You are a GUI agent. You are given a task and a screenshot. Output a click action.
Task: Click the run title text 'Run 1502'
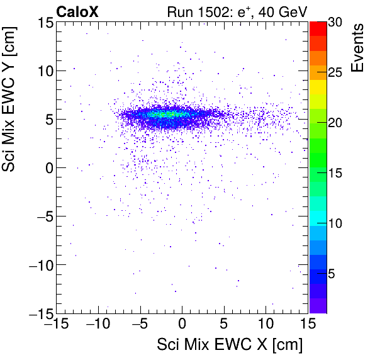[x=194, y=11]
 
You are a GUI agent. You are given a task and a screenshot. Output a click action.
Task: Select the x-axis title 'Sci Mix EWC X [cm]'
[x=229, y=345]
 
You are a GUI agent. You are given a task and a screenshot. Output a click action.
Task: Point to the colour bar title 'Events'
[x=359, y=48]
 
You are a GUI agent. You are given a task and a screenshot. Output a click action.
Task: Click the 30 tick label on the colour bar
[x=335, y=22]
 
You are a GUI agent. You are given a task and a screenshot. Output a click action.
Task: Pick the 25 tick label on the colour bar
[x=335, y=72]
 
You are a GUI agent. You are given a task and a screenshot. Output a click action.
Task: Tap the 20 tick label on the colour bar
[x=335, y=122]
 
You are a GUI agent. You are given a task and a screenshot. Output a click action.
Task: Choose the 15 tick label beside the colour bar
[x=335, y=173]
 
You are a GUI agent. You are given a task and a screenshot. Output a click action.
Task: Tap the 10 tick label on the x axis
[x=266, y=324]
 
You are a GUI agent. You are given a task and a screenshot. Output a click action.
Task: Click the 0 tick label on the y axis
[x=45, y=167]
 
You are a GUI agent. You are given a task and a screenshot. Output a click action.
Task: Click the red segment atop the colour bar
[x=318, y=28]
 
